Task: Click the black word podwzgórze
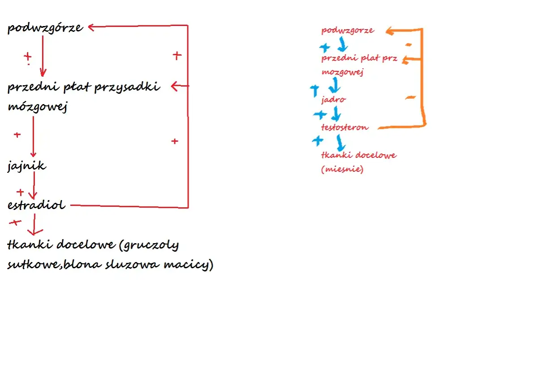pyautogui.click(x=45, y=28)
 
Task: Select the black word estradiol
pyautogui.click(x=36, y=205)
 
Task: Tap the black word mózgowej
pyautogui.click(x=38, y=107)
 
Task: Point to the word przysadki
pyautogui.click(x=127, y=87)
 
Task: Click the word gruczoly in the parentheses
pyautogui.click(x=149, y=245)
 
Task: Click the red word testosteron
pyautogui.click(x=344, y=127)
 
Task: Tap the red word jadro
pyautogui.click(x=333, y=100)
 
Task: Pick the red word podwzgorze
pyautogui.click(x=348, y=30)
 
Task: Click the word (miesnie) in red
pyautogui.click(x=342, y=169)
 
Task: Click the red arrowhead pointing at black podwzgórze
pyautogui.click(x=91, y=27)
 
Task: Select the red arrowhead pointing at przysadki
pyautogui.click(x=174, y=86)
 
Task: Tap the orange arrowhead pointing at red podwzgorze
pyautogui.click(x=390, y=31)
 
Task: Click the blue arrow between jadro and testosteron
pyautogui.click(x=336, y=114)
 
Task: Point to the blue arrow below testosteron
pyautogui.click(x=340, y=143)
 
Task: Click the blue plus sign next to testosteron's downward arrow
pyautogui.click(x=318, y=141)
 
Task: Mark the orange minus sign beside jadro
pyautogui.click(x=410, y=97)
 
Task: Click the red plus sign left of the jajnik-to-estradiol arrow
pyautogui.click(x=20, y=192)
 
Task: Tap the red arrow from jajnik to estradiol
pyautogui.click(x=34, y=185)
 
